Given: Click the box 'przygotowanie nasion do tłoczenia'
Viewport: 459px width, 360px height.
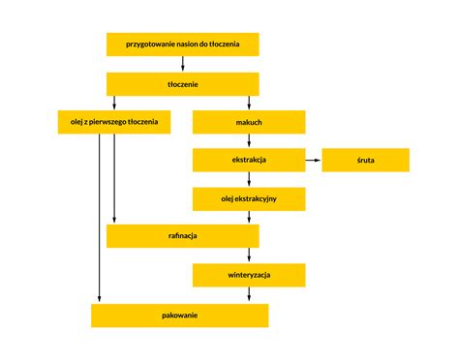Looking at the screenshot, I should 183,45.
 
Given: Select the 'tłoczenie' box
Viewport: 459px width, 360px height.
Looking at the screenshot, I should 183,84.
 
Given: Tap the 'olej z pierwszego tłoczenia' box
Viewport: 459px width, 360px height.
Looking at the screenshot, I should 115,123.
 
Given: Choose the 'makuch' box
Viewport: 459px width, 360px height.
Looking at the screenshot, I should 249,123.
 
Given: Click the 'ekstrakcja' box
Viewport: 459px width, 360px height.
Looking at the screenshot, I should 249,161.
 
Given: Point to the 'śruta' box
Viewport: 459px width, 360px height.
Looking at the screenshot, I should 365,161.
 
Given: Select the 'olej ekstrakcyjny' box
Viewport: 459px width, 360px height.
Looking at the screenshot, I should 249,199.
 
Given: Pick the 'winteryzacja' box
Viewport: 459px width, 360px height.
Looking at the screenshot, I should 249,276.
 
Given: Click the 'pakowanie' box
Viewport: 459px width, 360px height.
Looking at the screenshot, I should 179,315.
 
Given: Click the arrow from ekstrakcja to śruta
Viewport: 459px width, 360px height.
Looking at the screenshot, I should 313,161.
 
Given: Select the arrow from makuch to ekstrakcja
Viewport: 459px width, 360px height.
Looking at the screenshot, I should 249,141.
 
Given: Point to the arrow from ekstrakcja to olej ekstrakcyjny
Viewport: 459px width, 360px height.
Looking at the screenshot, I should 249,180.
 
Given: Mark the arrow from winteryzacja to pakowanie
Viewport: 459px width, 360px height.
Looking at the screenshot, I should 249,295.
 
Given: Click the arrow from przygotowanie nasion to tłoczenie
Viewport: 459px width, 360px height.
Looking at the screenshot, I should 183,64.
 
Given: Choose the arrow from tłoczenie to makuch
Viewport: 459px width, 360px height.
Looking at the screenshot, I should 249,104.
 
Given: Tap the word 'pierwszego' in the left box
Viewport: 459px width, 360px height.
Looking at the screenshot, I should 119,123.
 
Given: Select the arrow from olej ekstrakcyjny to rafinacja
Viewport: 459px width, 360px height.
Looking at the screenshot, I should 249,218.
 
